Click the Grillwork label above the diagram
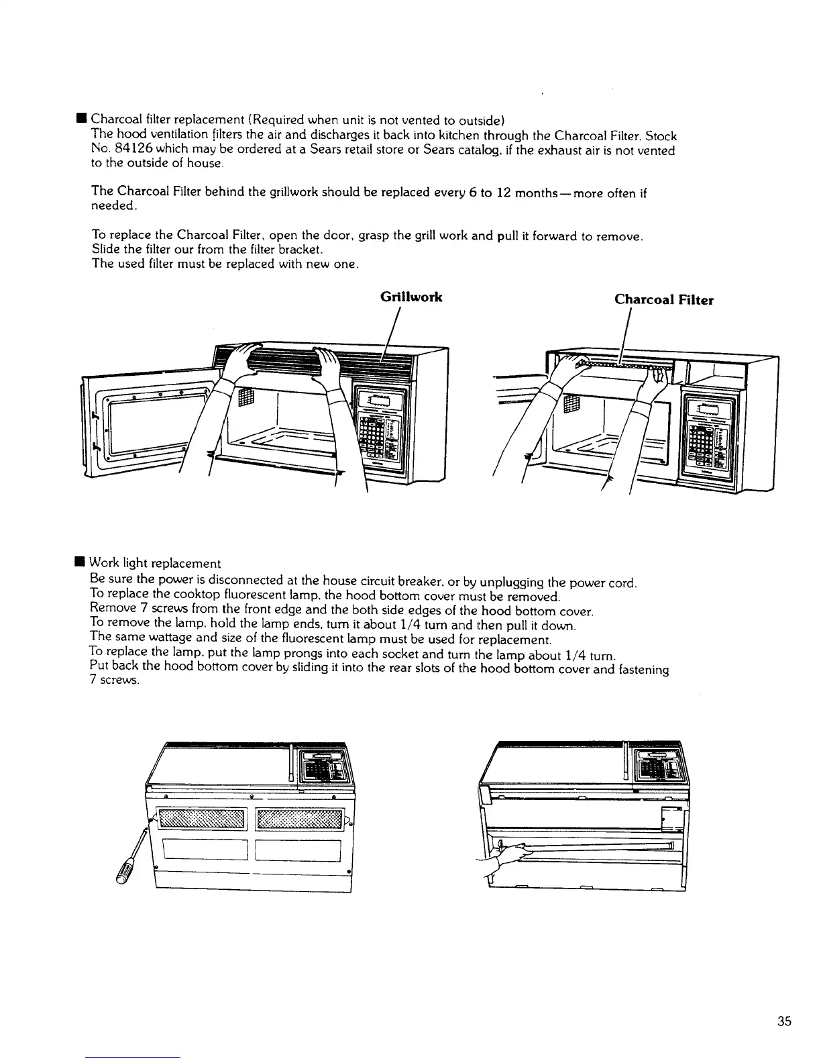click(410, 297)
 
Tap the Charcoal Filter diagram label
click(663, 300)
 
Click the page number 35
click(784, 1021)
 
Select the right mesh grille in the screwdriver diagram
click(299, 819)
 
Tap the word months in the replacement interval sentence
click(539, 194)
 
